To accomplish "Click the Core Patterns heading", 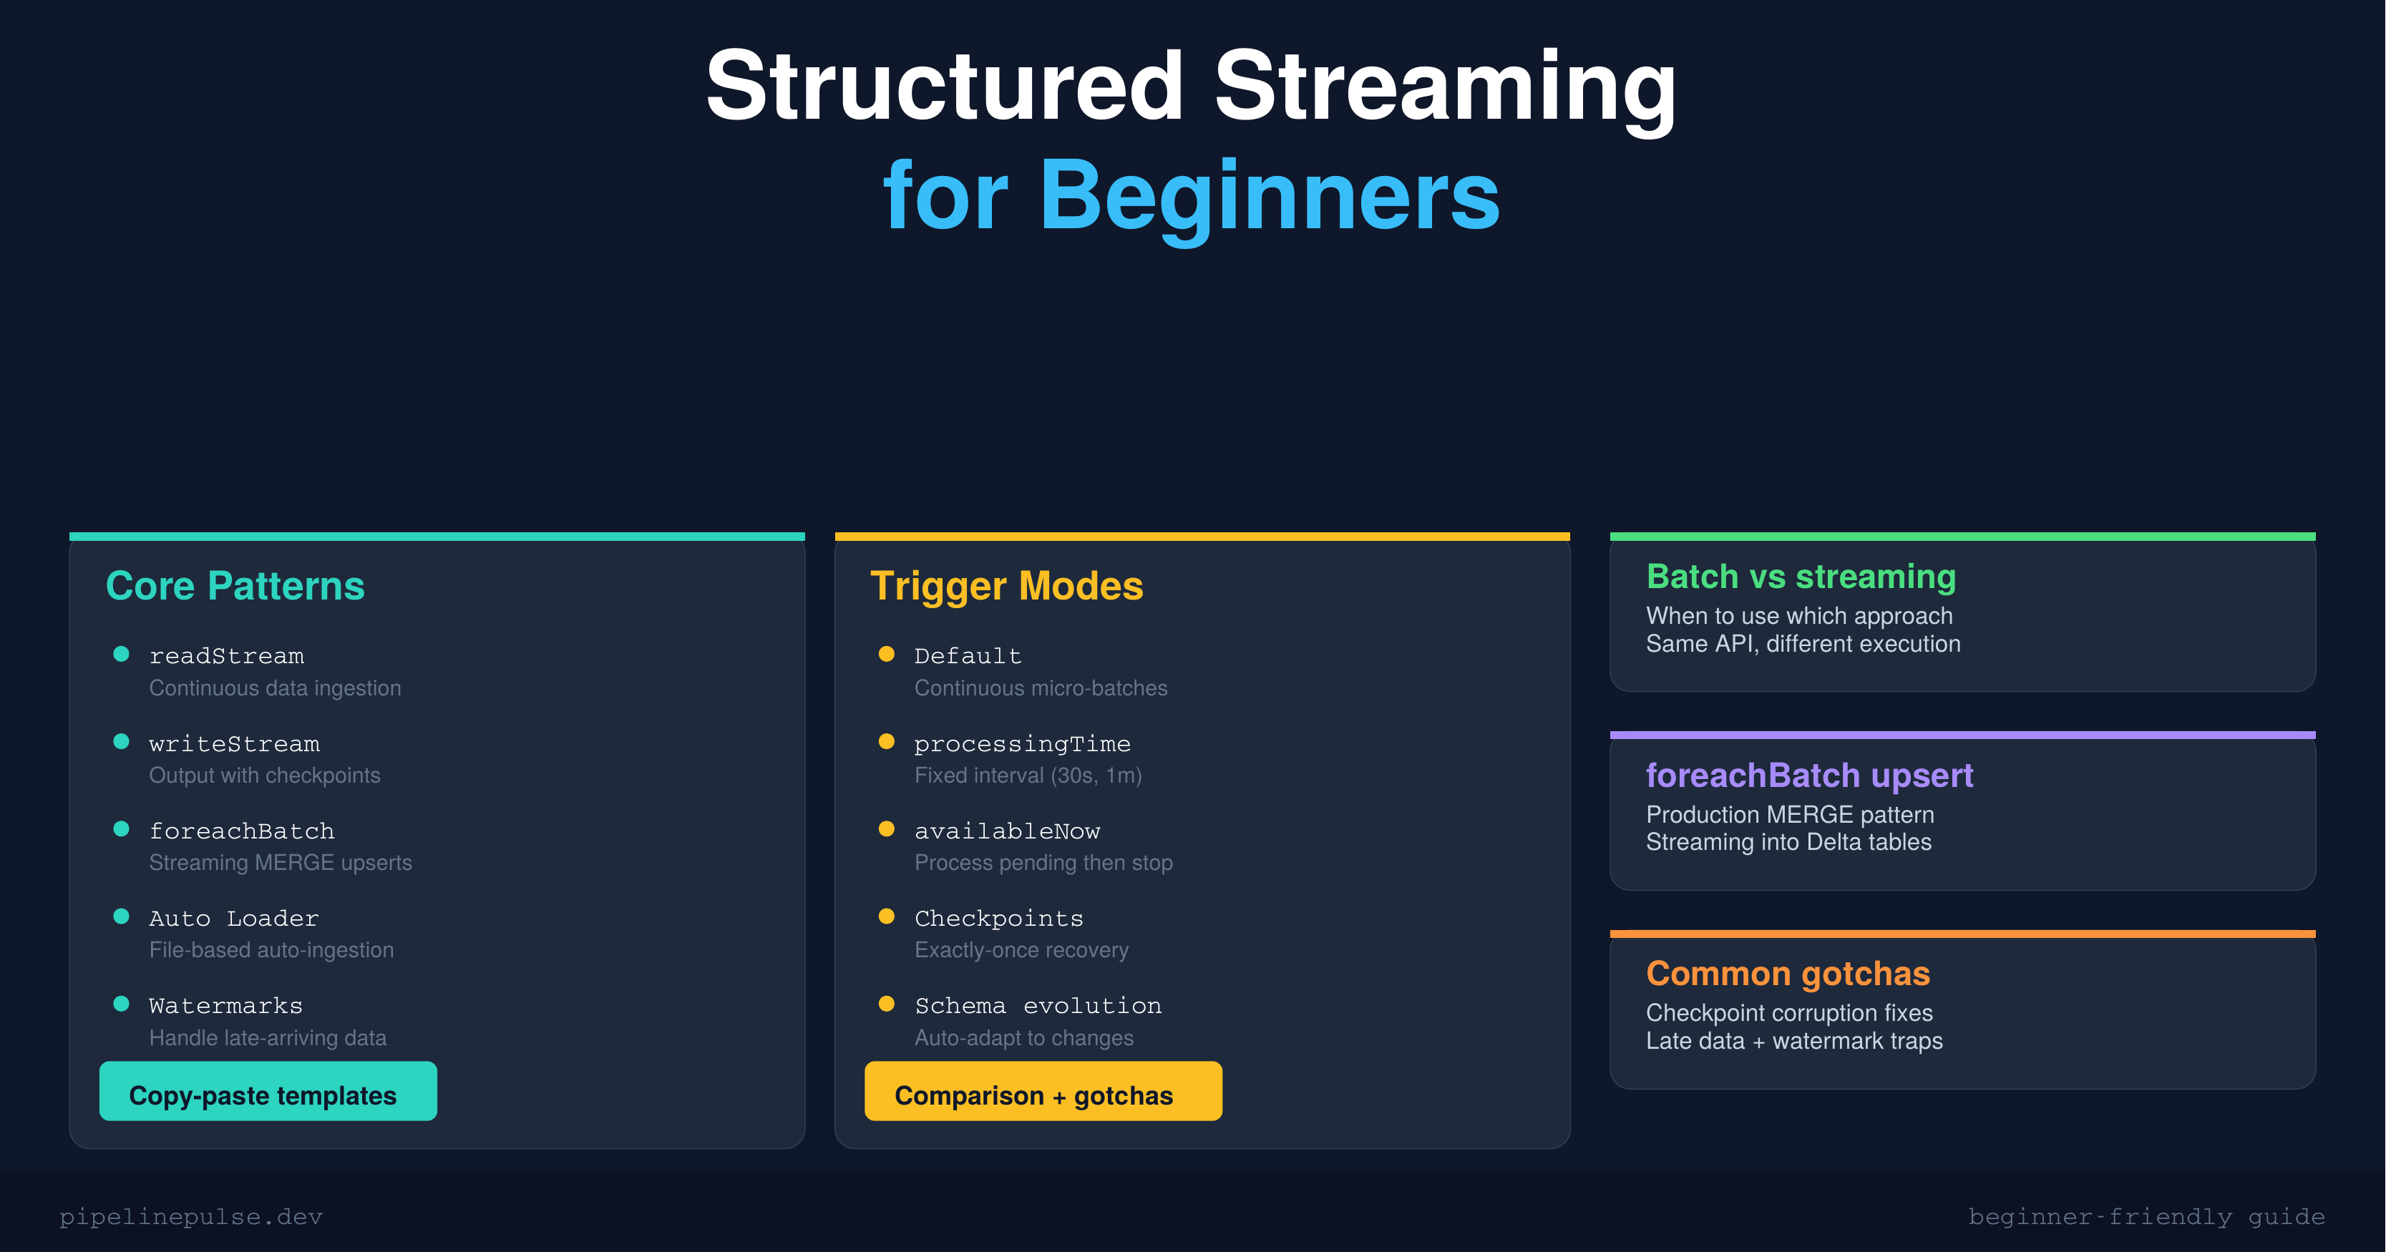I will pos(235,586).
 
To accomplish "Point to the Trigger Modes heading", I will pos(1007,586).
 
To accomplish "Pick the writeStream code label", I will pos(234,743).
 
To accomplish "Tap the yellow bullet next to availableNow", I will pos(887,828).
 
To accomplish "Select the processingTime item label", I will pos(1022,743).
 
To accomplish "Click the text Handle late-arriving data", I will pos(268,1038).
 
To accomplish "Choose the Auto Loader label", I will pos(233,919).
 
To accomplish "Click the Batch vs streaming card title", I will pos(1801,577).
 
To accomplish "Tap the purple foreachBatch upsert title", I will pos(1809,775).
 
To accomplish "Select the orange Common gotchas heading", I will pos(1788,973).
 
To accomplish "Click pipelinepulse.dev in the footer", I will pos(191,1217).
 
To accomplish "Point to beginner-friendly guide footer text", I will pos(2146,1217).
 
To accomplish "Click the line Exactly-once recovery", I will pos(1022,950).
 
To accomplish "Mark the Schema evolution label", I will pos(1038,1006).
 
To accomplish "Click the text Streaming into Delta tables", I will pos(1788,842).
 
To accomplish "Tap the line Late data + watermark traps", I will pos(1794,1041).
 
